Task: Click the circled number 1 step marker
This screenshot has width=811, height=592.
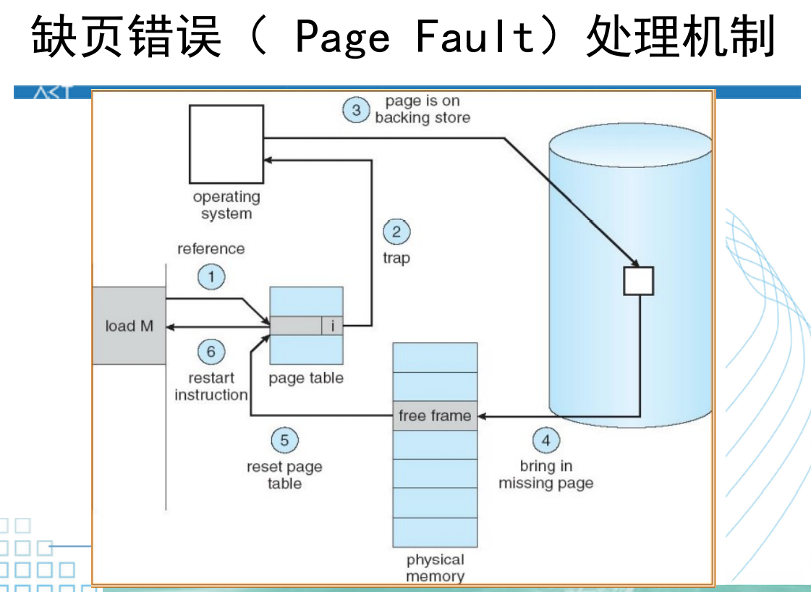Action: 211,277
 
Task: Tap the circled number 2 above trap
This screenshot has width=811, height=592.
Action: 396,232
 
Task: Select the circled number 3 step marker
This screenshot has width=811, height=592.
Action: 356,110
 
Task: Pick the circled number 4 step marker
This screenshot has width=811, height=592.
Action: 546,439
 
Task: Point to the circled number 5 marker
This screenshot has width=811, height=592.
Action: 284,440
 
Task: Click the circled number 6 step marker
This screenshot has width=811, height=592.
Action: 211,352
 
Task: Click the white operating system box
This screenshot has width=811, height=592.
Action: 226,144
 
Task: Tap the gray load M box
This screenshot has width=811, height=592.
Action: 129,326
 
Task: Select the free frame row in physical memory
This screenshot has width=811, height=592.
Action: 435,416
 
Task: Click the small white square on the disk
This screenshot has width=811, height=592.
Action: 639,281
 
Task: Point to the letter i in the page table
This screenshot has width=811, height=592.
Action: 332,326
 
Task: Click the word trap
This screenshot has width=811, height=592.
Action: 396,258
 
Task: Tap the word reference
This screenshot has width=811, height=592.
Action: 211,249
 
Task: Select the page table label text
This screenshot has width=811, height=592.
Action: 306,378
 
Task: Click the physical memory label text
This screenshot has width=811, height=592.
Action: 435,568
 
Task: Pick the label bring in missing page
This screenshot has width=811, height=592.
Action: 546,475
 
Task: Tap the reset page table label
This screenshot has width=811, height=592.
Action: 284,475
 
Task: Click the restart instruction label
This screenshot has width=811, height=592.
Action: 211,386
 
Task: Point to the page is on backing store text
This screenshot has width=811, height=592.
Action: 423,109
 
